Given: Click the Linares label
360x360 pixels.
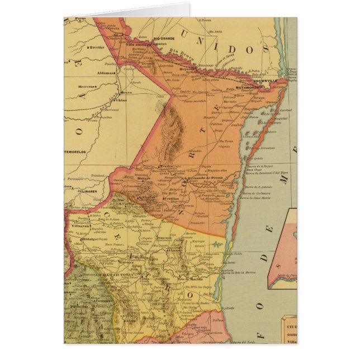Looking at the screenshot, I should [89, 191].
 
